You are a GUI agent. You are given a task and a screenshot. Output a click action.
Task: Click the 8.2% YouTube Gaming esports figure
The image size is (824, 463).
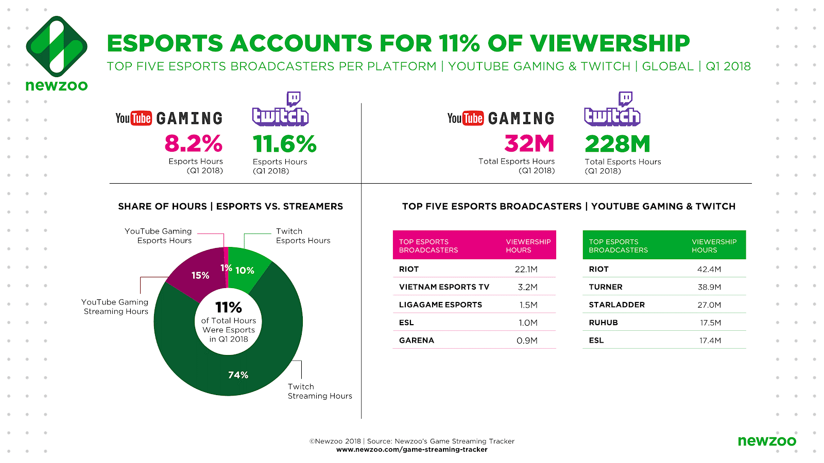pos(193,144)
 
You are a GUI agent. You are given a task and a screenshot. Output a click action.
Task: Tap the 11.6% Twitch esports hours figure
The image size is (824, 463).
pos(284,144)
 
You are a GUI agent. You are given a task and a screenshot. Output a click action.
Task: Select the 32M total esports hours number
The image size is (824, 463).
pos(529,144)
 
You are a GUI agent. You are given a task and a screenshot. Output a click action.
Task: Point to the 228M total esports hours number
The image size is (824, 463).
pos(617,144)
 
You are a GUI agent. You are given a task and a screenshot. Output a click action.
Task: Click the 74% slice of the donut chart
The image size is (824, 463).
pos(238,375)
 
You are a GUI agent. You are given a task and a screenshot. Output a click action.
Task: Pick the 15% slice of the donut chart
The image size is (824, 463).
pos(200,275)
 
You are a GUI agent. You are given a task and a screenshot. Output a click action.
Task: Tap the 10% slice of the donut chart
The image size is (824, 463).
pos(245,270)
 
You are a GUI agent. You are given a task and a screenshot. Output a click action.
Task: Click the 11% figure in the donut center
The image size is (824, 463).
pos(228,307)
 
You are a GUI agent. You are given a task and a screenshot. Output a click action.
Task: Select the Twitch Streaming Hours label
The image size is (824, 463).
pos(320,391)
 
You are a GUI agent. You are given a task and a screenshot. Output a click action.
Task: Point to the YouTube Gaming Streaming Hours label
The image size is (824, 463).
pos(116,307)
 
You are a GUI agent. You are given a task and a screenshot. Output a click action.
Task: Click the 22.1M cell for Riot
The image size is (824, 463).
pos(526,269)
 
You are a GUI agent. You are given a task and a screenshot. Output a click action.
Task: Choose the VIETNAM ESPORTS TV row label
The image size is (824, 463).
pos(444,287)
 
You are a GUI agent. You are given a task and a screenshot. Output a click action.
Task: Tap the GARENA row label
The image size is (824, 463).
pos(417,340)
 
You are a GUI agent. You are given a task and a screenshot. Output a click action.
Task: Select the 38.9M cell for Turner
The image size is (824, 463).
pos(709,287)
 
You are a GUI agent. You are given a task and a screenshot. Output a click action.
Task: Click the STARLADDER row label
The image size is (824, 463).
pos(616,305)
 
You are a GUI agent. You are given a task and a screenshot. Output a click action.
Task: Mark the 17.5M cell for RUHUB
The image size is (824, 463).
pos(710,323)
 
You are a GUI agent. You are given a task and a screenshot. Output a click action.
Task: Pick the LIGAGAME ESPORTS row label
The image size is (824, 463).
pos(440,305)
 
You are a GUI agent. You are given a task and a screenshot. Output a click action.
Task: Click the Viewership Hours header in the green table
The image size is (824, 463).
pos(714,246)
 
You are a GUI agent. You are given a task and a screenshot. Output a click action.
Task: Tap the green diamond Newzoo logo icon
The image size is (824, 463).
pos(57,46)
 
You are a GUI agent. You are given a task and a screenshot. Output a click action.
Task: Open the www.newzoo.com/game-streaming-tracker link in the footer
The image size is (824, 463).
pos(411,450)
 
